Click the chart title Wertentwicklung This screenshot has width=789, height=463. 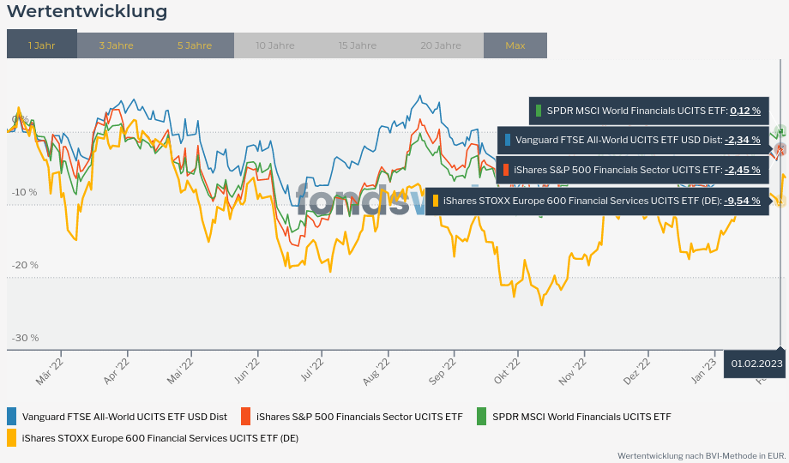87,12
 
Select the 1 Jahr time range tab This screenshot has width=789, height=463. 41,45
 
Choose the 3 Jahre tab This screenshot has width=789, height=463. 116,45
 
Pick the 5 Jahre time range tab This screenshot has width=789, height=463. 195,45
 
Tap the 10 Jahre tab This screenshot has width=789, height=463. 274,45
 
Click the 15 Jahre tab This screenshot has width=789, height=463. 357,45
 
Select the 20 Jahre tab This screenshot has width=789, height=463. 441,45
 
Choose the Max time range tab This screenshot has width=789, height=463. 515,45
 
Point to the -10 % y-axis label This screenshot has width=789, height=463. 25,193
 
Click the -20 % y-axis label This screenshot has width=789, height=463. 25,265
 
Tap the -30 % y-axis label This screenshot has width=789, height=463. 25,338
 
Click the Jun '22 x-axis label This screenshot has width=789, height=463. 247,370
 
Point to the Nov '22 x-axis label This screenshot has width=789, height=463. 572,370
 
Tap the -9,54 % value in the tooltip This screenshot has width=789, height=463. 743,201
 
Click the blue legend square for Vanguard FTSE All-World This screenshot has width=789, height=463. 12,417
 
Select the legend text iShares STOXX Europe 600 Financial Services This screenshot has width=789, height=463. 160,438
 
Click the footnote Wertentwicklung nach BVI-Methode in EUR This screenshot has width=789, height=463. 702,455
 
